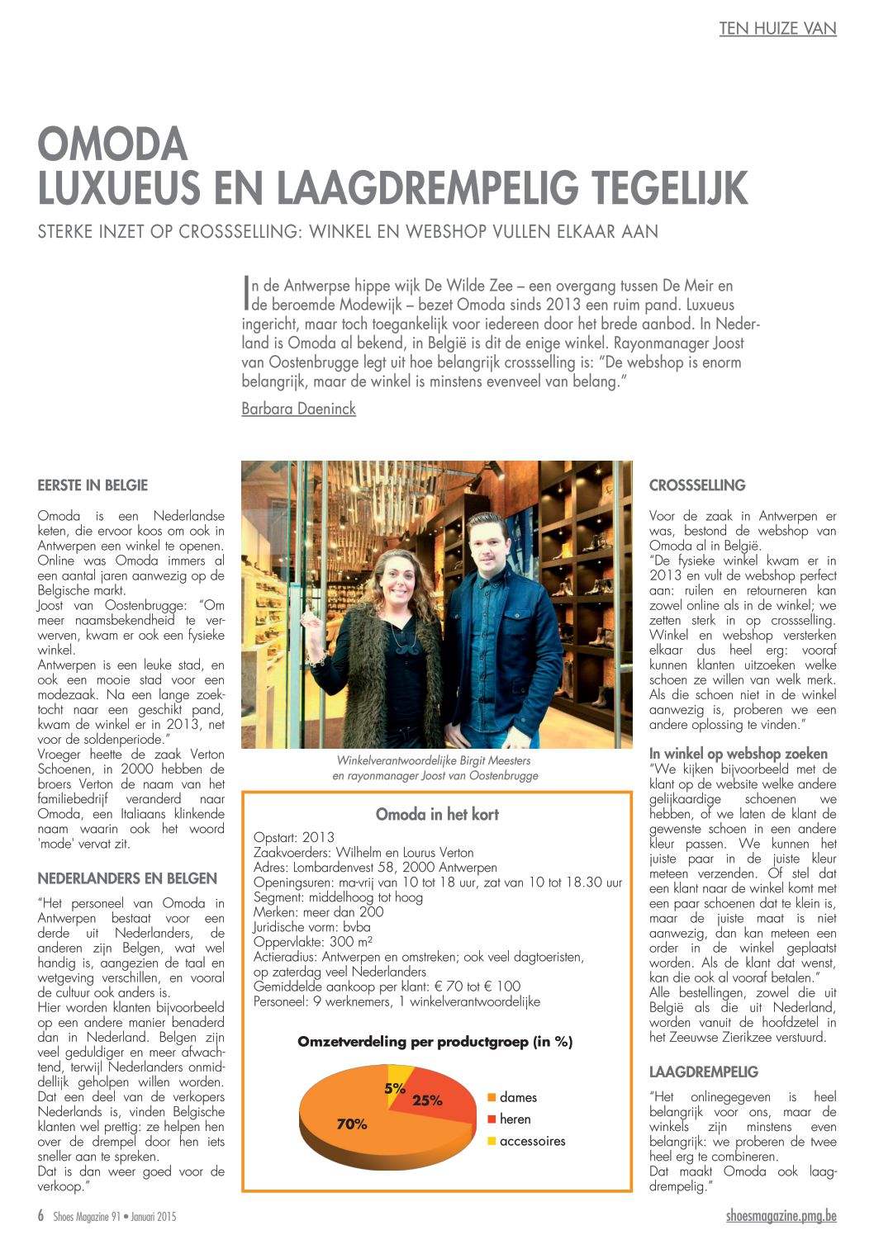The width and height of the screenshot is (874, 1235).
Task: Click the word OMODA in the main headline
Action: tap(113, 144)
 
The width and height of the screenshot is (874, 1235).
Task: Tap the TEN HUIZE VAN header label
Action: tap(777, 29)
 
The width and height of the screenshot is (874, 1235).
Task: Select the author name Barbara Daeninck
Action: tap(298, 409)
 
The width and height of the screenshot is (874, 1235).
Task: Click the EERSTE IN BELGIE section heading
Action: tap(93, 485)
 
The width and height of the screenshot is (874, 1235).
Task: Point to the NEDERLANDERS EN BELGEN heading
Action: tap(127, 878)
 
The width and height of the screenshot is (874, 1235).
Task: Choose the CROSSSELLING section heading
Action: tap(697, 485)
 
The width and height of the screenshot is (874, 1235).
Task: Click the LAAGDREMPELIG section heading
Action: tap(703, 1072)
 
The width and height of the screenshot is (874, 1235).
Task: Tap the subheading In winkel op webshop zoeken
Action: tap(738, 754)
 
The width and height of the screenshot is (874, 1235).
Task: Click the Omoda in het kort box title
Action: tap(437, 815)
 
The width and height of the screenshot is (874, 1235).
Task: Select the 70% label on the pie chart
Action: tap(352, 1124)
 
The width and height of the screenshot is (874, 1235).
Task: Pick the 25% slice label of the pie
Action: tap(427, 1100)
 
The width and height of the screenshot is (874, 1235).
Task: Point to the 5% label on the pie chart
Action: tap(394, 1089)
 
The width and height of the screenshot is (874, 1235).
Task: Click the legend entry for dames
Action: tap(517, 1097)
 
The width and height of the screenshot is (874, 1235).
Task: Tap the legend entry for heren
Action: tap(514, 1119)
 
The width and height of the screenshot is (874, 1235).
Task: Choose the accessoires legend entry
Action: tap(531, 1142)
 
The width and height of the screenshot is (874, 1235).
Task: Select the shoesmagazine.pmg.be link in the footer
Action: tap(781, 1216)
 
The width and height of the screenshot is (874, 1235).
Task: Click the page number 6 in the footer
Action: tap(40, 1216)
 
